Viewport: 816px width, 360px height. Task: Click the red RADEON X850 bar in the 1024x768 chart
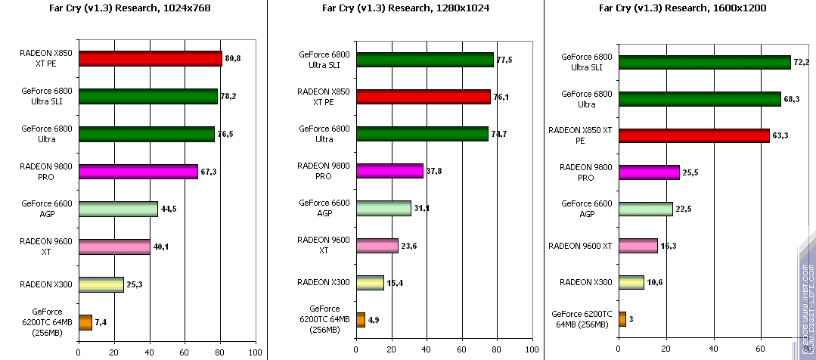[150, 59]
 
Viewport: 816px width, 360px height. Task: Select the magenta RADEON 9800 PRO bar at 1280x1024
[389, 171]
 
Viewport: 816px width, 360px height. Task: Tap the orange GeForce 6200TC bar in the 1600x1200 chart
[622, 319]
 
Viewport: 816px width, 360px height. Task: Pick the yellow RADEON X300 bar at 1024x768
[101, 284]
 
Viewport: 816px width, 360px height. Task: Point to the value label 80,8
[234, 58]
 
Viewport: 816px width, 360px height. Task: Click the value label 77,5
[504, 60]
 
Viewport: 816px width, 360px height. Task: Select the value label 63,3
[780, 136]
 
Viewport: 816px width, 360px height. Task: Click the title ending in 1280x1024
[406, 9]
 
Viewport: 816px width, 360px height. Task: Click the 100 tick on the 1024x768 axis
[255, 352]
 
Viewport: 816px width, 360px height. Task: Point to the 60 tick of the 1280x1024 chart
[461, 352]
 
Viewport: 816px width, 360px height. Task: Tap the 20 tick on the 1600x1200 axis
[666, 352]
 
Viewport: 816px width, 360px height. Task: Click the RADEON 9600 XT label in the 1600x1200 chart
[580, 246]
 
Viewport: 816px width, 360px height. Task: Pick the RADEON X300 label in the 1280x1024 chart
[324, 282]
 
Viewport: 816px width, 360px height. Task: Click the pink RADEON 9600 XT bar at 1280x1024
[377, 245]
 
